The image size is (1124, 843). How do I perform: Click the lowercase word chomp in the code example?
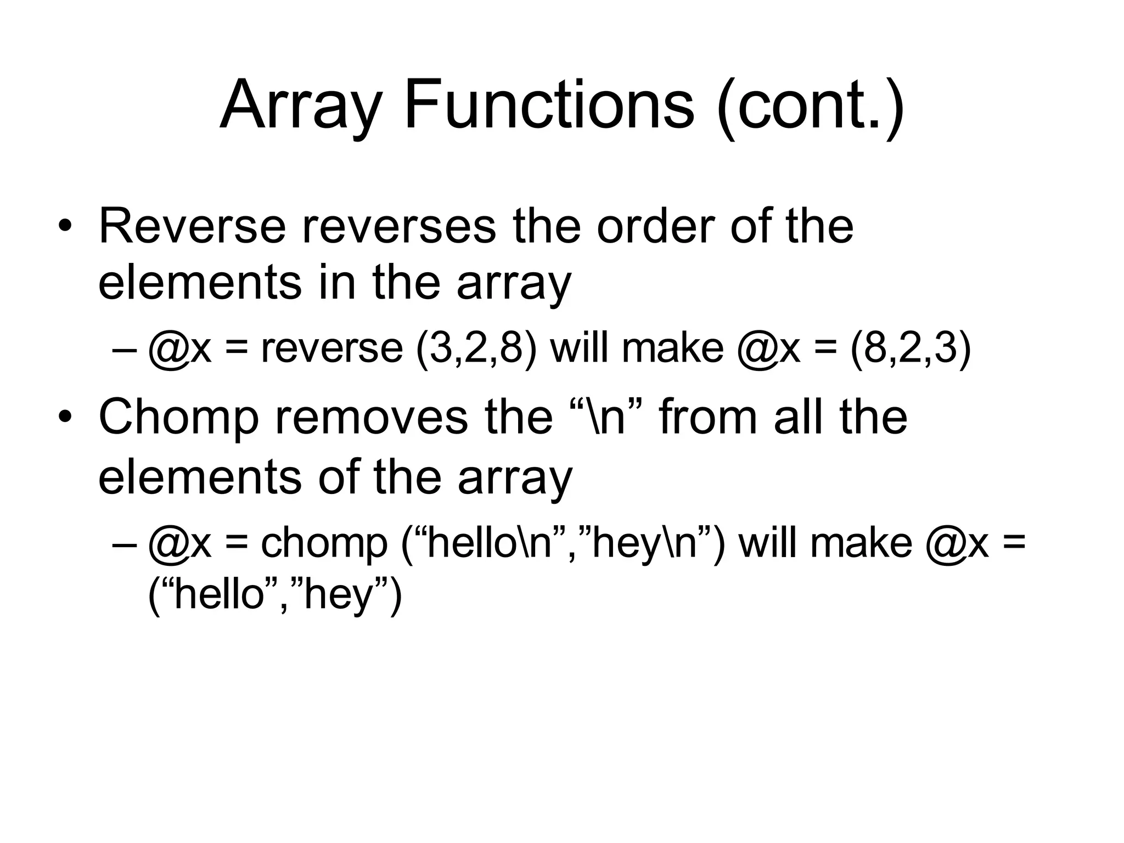324,543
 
